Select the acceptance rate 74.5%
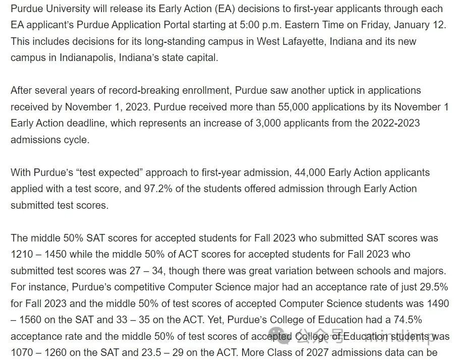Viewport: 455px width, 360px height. tap(405, 320)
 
